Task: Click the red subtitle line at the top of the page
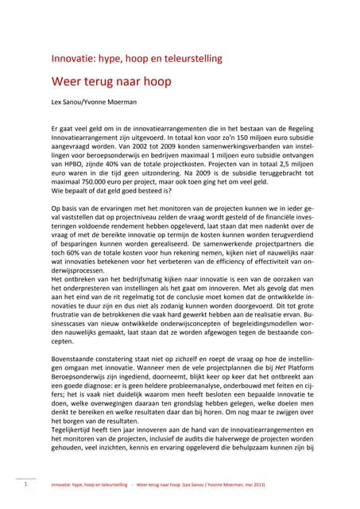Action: click(x=136, y=58)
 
